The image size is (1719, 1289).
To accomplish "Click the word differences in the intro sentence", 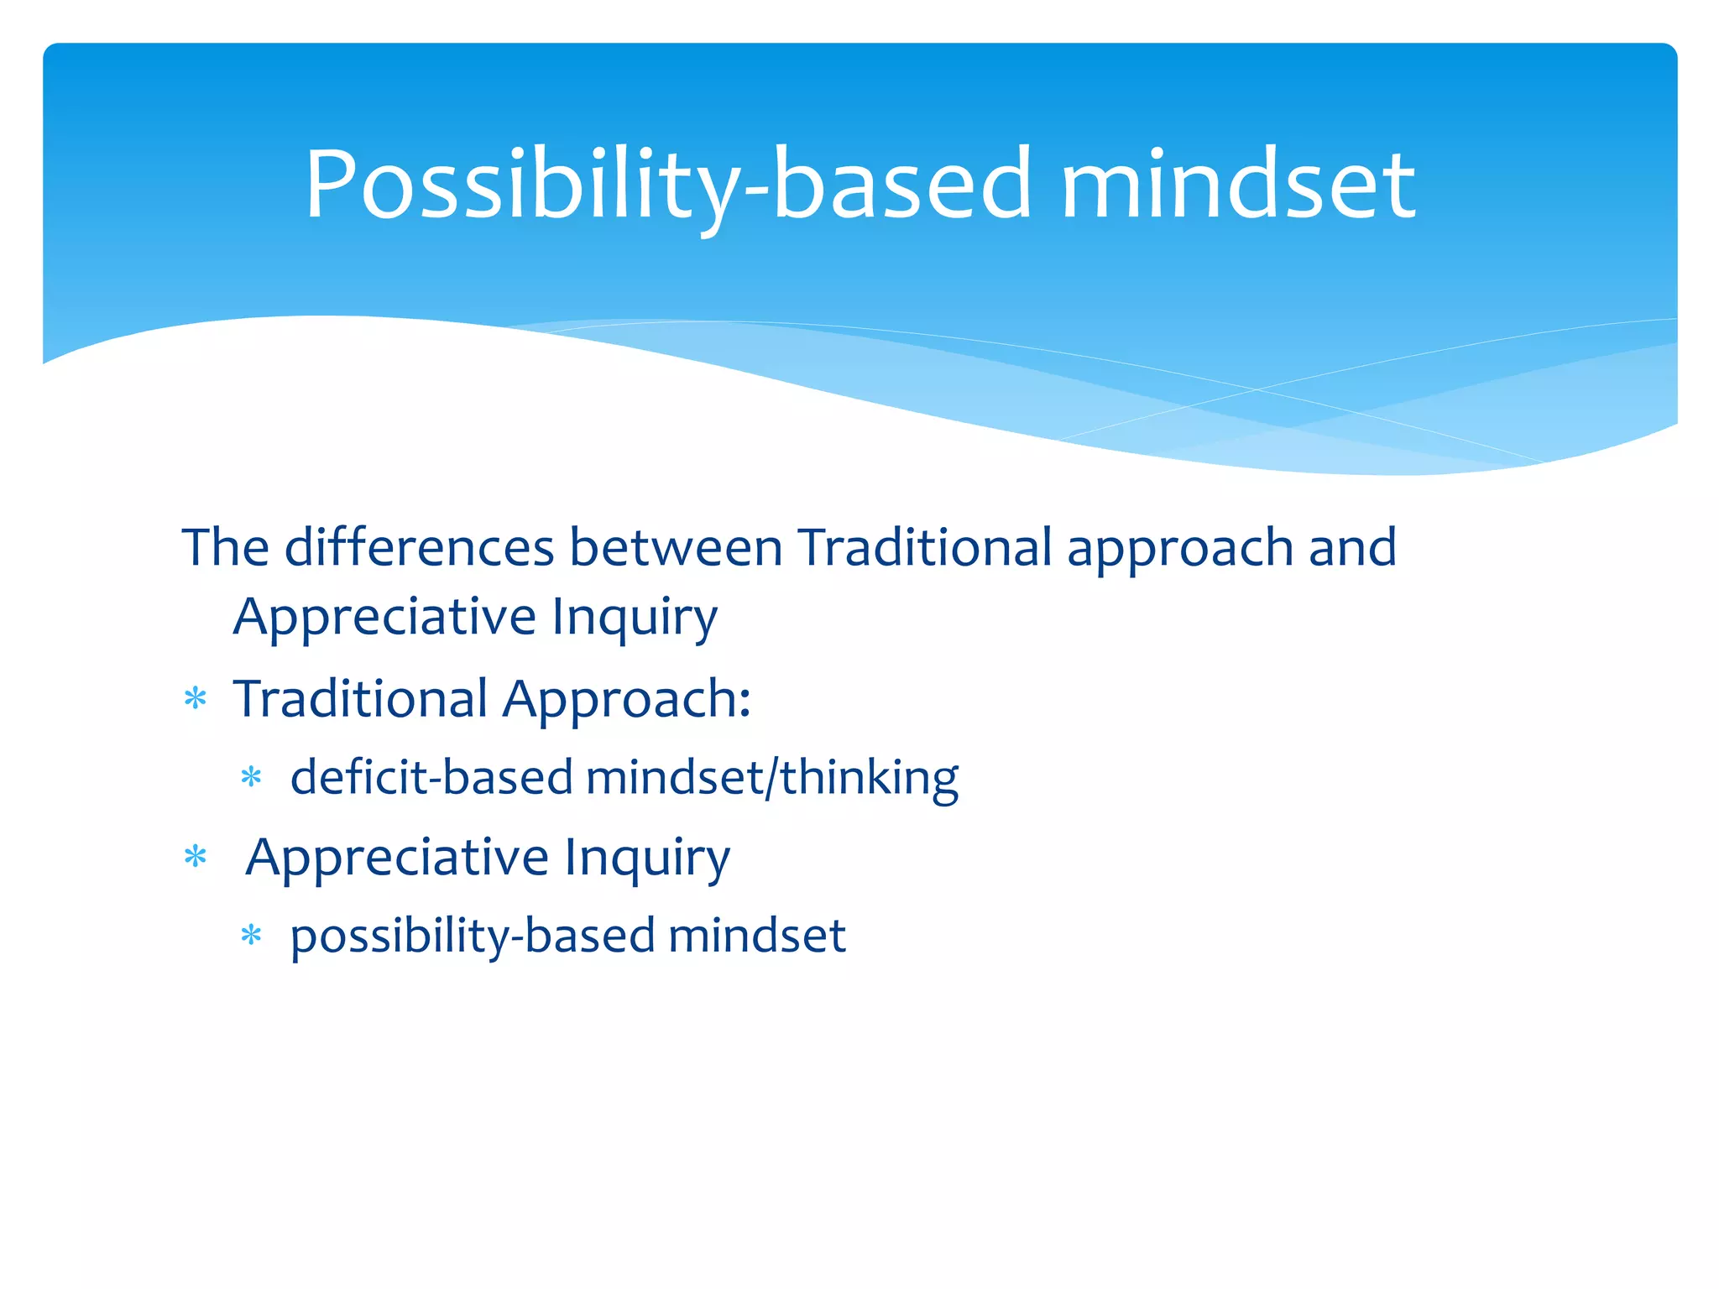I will tap(419, 548).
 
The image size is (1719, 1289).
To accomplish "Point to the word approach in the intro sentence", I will tap(1180, 548).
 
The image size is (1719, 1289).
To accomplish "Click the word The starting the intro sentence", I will tap(225, 548).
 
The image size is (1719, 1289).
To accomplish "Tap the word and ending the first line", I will tap(1352, 548).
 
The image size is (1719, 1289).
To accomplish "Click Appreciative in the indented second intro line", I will tap(384, 617).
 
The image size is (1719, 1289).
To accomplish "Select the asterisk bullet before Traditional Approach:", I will tap(196, 698).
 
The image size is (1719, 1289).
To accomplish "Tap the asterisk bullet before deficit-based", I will tap(252, 777).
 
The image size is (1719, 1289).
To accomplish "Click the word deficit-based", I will tap(431, 777).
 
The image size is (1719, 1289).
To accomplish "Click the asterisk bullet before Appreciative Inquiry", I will tap(196, 857).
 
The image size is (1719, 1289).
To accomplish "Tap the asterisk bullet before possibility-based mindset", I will tap(252, 935).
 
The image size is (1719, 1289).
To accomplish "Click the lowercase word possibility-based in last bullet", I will tap(473, 936).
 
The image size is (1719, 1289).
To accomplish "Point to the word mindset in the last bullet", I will tap(757, 936).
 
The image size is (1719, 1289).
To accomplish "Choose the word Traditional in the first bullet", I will tap(361, 698).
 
